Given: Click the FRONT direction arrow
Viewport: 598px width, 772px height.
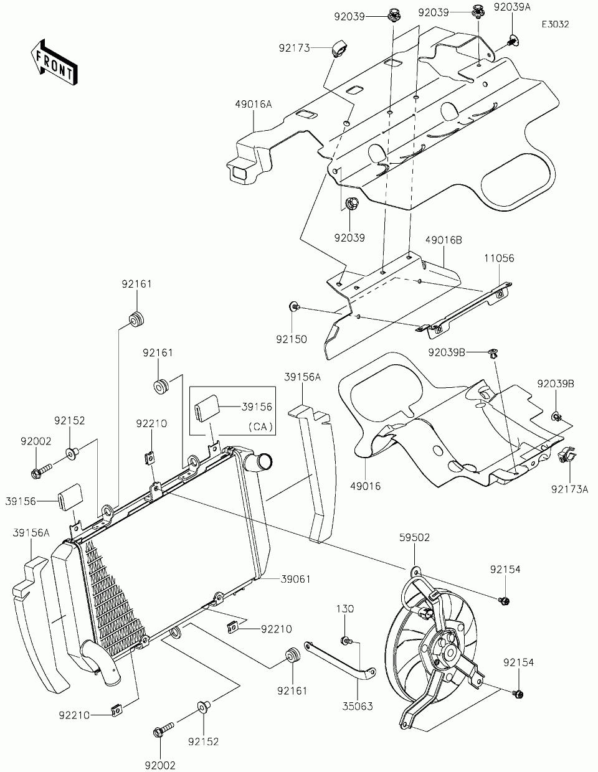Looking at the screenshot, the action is point(54,62).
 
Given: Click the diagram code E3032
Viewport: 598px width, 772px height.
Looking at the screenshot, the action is point(556,24).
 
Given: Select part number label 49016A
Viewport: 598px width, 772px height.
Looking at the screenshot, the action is point(253,104).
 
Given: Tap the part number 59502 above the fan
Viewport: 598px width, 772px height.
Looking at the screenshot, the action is point(414,547).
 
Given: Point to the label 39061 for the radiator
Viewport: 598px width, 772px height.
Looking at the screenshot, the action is point(296,579).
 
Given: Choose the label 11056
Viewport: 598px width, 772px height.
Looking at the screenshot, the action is point(499,258).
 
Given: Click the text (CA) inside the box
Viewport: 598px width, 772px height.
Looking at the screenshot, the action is point(260,426).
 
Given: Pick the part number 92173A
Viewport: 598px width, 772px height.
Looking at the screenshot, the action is point(569,489).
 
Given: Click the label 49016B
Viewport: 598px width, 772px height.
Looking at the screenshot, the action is point(444,240).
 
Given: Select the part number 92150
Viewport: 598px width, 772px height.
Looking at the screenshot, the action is point(292,339).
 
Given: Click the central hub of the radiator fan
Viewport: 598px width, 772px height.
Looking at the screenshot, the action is point(450,653).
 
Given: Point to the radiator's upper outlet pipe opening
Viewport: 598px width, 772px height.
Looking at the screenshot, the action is point(265,462).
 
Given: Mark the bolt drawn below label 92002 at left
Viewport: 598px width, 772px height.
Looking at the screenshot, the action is point(42,471).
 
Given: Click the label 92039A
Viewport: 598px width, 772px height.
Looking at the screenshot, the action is point(513,7).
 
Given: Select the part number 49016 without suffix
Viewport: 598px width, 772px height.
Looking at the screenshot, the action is point(365,486).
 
